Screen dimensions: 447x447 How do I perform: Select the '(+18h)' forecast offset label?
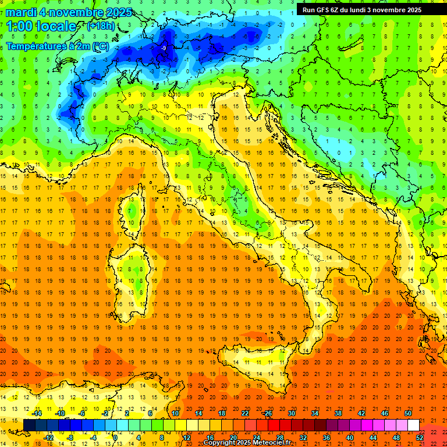click(x=100, y=26)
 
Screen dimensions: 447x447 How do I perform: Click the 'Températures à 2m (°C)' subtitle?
click(x=57, y=45)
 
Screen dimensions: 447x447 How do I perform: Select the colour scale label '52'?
click(x=420, y=438)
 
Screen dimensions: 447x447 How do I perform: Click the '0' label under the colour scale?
click(x=115, y=438)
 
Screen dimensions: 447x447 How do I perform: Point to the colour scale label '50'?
click(x=408, y=413)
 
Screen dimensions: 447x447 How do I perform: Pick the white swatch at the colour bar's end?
click(x=413, y=425)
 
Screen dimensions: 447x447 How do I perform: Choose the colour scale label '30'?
click(x=291, y=413)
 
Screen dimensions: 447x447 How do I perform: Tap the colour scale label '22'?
click(x=244, y=413)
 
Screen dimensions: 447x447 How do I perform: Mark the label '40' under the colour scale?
click(x=350, y=438)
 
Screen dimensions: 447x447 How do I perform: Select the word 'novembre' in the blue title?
click(x=73, y=12)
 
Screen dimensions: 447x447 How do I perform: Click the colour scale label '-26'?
click(x=267, y=413)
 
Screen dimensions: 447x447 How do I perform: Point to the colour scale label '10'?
click(x=175, y=413)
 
